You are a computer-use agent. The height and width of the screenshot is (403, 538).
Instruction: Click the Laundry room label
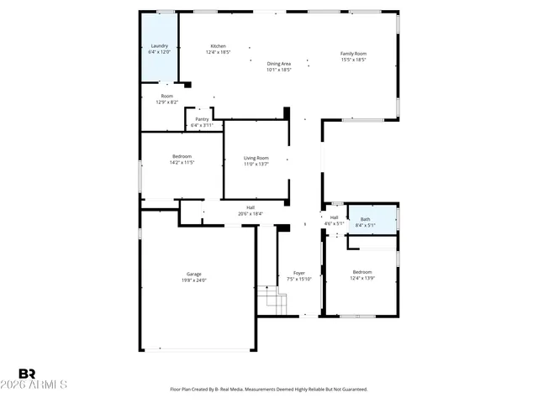click(160, 46)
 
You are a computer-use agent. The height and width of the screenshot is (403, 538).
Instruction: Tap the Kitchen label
click(218, 46)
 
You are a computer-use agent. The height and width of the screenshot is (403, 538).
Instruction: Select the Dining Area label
click(279, 64)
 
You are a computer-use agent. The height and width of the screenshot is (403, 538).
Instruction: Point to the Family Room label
click(353, 54)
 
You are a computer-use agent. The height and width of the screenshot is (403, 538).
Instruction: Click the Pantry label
click(202, 119)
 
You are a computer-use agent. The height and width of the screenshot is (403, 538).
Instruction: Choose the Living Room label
click(256, 158)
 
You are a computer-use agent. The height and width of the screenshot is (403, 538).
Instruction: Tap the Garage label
click(194, 275)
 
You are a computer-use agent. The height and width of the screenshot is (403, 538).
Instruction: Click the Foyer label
click(298, 273)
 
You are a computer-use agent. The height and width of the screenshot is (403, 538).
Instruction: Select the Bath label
click(365, 219)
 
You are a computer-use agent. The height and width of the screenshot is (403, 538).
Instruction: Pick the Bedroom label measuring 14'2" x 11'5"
click(182, 156)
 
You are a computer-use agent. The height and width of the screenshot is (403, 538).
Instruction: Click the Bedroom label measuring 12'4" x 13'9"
click(362, 272)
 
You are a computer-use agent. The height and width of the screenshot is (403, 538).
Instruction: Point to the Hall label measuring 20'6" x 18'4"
click(251, 207)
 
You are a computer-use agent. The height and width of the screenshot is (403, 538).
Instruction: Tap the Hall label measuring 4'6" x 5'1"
click(334, 217)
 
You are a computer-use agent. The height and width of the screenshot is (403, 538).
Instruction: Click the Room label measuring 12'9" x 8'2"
click(167, 96)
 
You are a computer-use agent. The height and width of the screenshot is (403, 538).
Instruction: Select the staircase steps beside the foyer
click(267, 298)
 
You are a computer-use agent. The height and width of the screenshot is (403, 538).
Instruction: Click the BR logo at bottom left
click(28, 373)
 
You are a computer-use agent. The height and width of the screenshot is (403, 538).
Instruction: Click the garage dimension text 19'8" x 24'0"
click(194, 280)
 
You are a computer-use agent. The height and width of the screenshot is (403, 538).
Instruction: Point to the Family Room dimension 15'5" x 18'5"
click(353, 60)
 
